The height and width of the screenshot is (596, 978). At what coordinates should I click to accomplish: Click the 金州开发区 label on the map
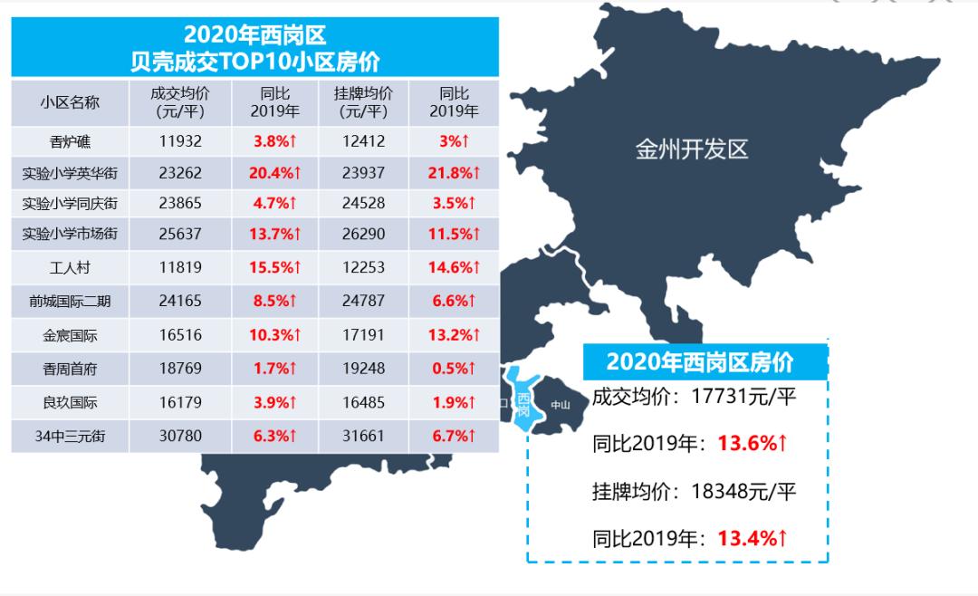692,149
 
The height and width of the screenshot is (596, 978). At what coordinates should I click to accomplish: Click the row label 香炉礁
71,141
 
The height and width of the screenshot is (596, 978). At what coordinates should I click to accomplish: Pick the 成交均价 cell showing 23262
179,172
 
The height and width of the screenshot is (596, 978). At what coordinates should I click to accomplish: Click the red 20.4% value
274,172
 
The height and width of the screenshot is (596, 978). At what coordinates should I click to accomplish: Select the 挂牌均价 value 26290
363,234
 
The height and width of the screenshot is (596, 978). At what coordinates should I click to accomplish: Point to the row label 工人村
71,267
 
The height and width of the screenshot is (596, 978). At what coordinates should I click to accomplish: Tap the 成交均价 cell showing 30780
179,436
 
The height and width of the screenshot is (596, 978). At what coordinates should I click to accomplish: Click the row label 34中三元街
71,436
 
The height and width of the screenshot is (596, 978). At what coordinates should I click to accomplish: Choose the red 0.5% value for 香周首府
454,369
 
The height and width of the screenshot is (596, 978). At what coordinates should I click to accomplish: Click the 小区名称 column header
71,102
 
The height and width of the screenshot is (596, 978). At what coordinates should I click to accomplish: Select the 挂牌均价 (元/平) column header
363,102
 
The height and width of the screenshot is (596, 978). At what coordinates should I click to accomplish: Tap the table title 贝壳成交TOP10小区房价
254,62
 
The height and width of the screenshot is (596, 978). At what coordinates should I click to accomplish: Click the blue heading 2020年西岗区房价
699,362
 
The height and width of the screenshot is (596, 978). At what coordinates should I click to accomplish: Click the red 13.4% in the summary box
752,539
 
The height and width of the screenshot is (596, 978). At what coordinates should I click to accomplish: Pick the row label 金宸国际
71,335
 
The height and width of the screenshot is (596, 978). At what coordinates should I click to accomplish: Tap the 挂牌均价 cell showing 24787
363,301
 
